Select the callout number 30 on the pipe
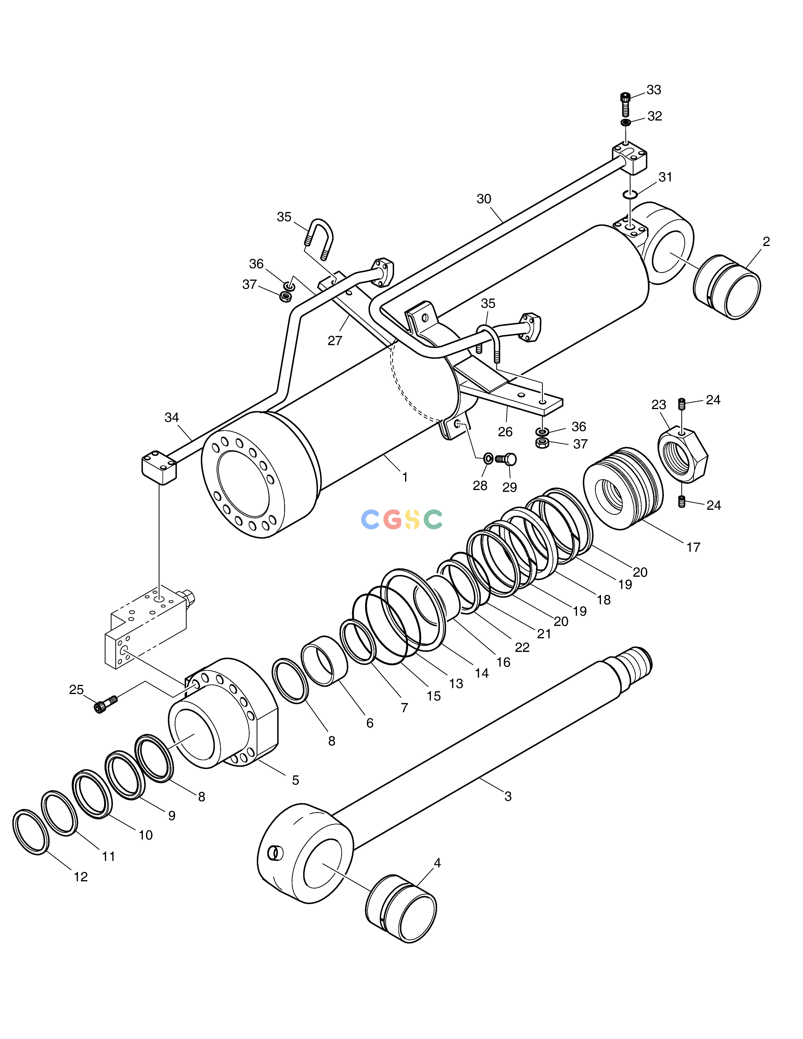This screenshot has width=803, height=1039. [x=484, y=199]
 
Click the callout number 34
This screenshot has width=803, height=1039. [x=172, y=417]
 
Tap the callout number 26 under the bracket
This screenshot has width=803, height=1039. [x=505, y=431]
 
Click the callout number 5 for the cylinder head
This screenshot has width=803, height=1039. [x=295, y=780]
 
